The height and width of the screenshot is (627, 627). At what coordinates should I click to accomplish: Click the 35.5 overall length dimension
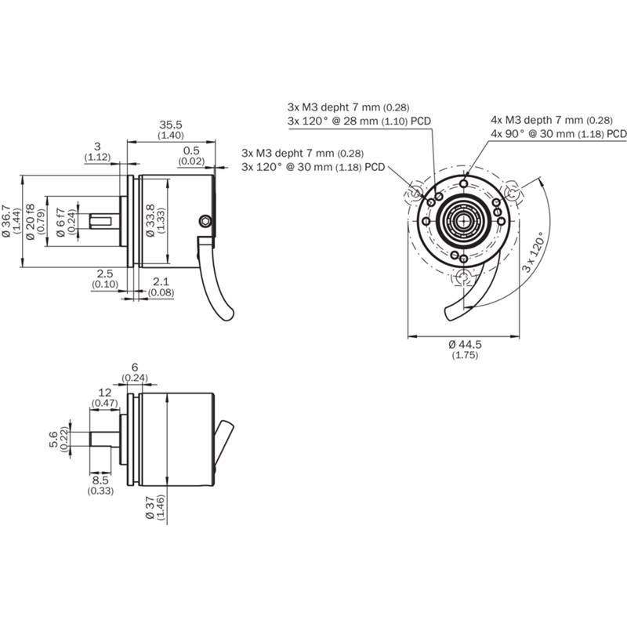click(x=171, y=125)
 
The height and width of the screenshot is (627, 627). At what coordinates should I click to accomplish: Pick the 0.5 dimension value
click(x=191, y=150)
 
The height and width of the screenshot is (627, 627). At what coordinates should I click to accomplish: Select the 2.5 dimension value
click(x=105, y=273)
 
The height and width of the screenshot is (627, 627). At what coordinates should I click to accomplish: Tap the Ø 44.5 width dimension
click(x=464, y=345)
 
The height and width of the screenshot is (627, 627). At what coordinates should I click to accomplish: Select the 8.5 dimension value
click(x=100, y=479)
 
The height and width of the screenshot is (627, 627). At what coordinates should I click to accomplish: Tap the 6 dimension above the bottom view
click(x=134, y=367)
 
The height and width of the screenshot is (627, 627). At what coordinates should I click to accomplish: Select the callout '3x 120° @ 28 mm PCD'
click(x=359, y=121)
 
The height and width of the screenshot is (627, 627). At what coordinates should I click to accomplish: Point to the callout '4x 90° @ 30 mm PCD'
click(x=558, y=134)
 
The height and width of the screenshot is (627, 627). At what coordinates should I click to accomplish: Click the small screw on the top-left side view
click(x=206, y=222)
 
